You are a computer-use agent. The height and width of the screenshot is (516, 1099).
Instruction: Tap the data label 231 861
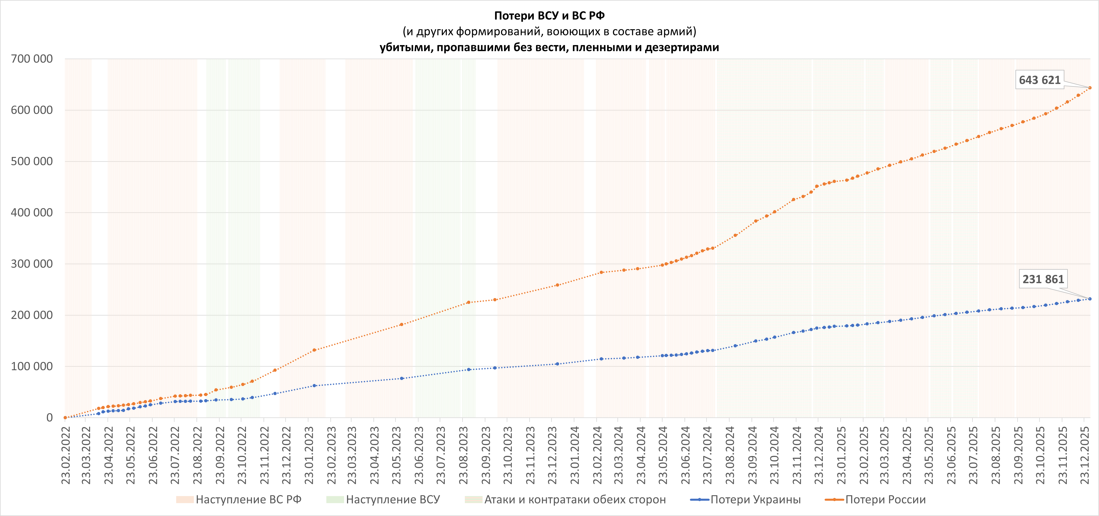[1043, 279]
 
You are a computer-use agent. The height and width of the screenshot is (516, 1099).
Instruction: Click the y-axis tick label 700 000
[32, 59]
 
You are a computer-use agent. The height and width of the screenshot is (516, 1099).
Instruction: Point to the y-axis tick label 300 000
[32, 264]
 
